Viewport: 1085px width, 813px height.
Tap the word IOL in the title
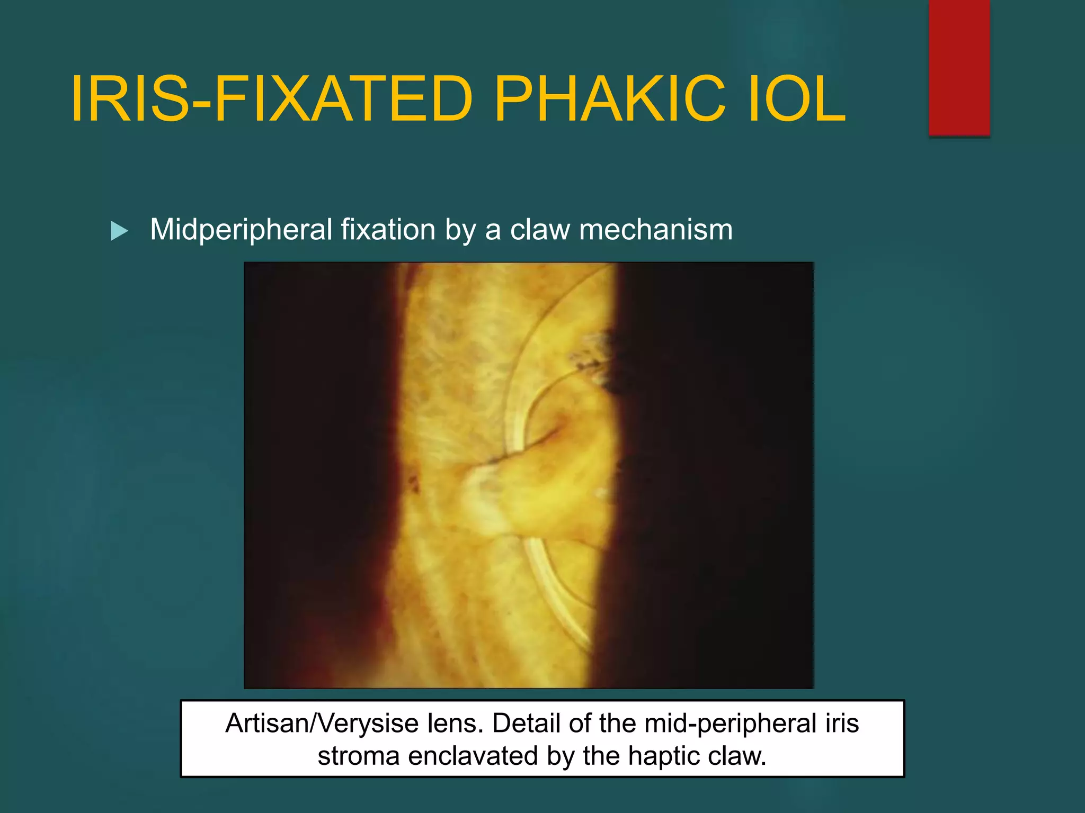[x=796, y=99]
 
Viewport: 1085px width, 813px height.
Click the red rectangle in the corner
[x=959, y=68]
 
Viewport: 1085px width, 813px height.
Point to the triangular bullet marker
[x=119, y=231]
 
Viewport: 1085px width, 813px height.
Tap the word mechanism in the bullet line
[x=656, y=230]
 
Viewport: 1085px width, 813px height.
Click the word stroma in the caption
[x=358, y=756]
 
